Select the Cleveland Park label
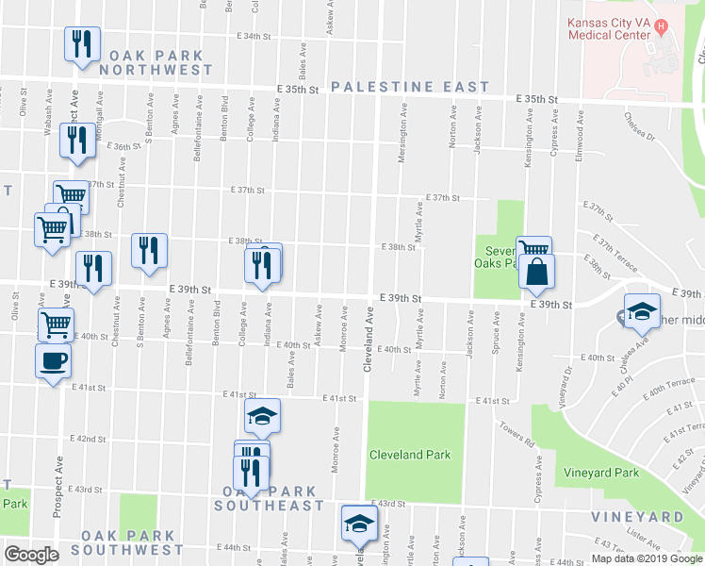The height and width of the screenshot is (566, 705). (410, 455)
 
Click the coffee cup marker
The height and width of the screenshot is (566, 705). (53, 360)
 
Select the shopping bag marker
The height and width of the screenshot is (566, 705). (536, 272)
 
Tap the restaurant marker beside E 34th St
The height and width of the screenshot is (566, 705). (81, 43)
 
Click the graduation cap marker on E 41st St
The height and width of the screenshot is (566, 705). (263, 414)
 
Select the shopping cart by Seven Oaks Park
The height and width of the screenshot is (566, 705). (533, 249)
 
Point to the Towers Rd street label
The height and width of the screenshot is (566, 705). (517, 435)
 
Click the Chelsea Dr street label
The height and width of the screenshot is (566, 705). (638, 125)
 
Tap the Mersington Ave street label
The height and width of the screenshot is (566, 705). (402, 141)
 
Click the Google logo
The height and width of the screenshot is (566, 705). (31, 555)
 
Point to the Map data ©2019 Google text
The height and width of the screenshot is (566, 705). (647, 558)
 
